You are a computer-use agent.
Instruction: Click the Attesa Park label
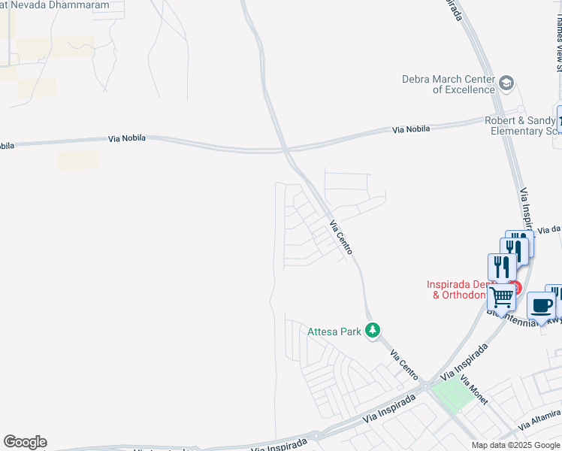pyautogui.click(x=334, y=331)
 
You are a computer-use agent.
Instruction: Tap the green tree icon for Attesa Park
pyautogui.click(x=372, y=331)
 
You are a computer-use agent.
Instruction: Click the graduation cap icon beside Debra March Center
pyautogui.click(x=507, y=83)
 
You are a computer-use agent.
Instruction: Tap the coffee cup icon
pyautogui.click(x=541, y=306)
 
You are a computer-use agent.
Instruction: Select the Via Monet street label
pyautogui.click(x=474, y=390)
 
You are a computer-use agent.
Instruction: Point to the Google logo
pyautogui.click(x=25, y=442)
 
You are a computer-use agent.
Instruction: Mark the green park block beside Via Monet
pyautogui.click(x=450, y=398)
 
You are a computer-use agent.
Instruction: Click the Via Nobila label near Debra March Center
pyautogui.click(x=411, y=129)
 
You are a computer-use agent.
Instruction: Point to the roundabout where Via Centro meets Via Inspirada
pyautogui.click(x=426, y=386)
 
